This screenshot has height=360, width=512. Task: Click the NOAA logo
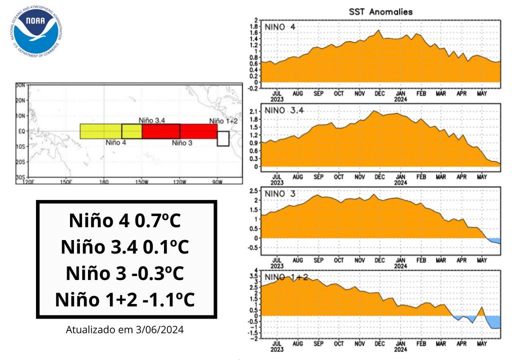coord(36,30)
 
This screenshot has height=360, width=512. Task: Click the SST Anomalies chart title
coord(381,11)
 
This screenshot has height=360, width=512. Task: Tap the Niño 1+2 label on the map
coord(223,120)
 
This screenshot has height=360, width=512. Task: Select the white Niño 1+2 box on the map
coord(223,138)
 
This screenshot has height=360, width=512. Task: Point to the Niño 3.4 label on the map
coord(152,120)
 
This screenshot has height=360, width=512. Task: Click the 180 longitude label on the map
coord(104,181)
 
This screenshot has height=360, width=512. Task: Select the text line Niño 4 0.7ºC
coord(126,221)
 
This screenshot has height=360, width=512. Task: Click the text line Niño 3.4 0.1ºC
coord(126,247)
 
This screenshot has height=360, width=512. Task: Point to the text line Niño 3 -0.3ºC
coord(126,273)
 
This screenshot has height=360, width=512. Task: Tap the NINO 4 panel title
coord(280,26)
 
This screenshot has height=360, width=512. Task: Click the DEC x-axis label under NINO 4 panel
coord(380,93)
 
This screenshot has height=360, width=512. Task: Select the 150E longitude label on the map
coord(65,181)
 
